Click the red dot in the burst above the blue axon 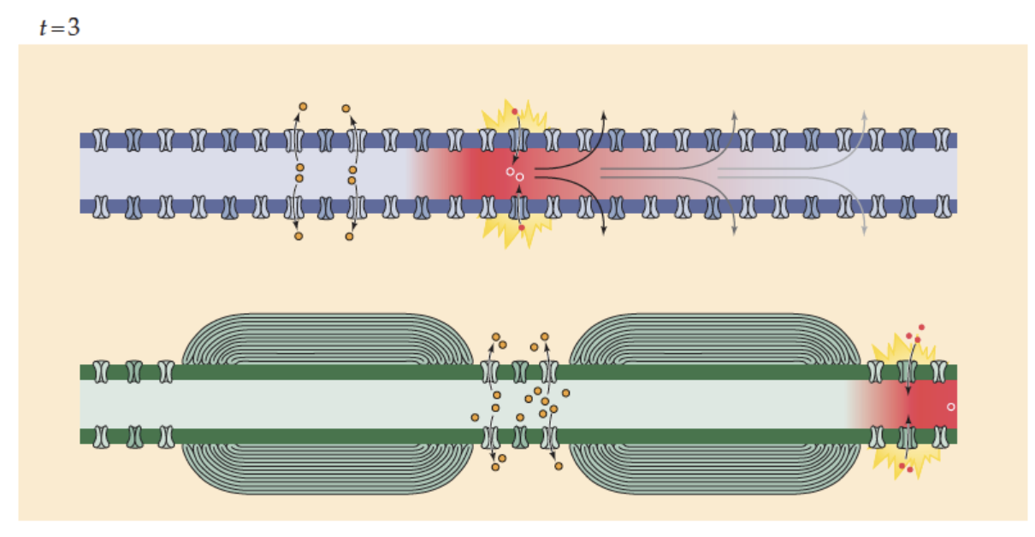point(515,112)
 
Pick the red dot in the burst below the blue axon point(521,227)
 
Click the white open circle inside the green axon point(950,406)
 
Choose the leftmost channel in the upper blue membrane point(102,139)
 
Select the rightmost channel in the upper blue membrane point(942,139)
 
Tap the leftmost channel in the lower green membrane point(102,436)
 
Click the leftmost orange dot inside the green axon point(475,417)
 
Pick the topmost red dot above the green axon point(921,327)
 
